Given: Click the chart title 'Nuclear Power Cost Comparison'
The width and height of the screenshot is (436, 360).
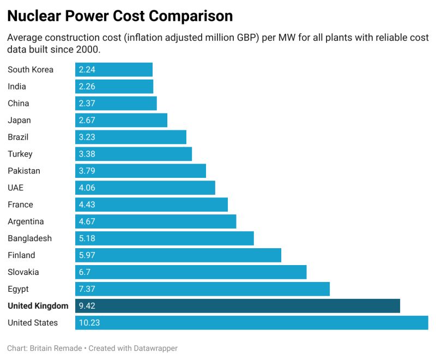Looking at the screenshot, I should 120,16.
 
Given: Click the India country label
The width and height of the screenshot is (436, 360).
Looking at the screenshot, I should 17,86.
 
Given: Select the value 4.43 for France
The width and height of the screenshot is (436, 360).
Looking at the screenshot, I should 87,205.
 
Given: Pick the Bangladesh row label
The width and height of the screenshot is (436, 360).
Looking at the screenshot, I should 29,238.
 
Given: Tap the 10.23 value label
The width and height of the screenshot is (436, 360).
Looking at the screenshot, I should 89,323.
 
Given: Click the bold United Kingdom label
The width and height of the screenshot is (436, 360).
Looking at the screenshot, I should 38,306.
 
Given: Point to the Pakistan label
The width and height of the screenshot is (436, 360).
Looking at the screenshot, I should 24,171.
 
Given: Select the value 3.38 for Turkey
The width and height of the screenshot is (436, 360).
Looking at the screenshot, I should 87,154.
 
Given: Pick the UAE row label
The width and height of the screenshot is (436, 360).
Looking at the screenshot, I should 15,188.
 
